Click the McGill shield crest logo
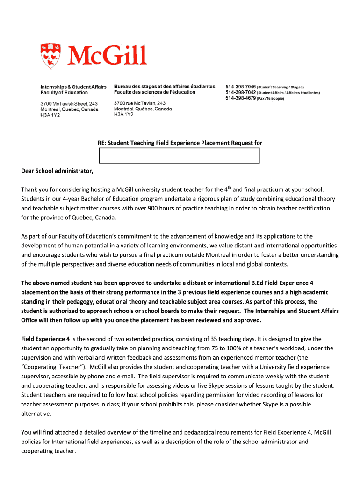click(x=50, y=56)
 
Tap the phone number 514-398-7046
click(x=240, y=87)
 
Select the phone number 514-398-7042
click(x=240, y=93)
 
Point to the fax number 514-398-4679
click(x=240, y=98)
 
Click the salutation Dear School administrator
click(x=57, y=171)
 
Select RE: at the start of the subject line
click(x=96, y=143)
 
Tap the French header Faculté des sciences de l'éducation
click(x=155, y=92)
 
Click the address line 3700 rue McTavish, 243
click(x=139, y=103)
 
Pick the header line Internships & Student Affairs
click(x=73, y=87)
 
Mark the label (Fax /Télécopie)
click(x=270, y=99)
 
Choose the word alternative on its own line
click(x=36, y=414)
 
